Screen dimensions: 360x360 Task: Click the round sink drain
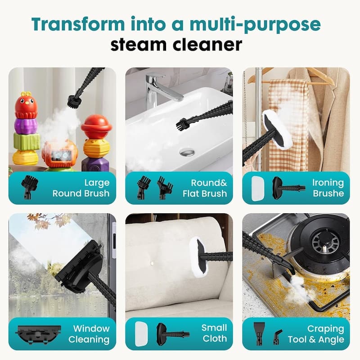click(x=187, y=153)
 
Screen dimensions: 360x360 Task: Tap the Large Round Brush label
click(x=81, y=188)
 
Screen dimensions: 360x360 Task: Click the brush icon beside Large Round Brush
click(x=30, y=185)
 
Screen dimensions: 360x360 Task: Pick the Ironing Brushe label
click(x=328, y=188)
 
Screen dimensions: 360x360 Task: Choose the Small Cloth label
click(x=214, y=333)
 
